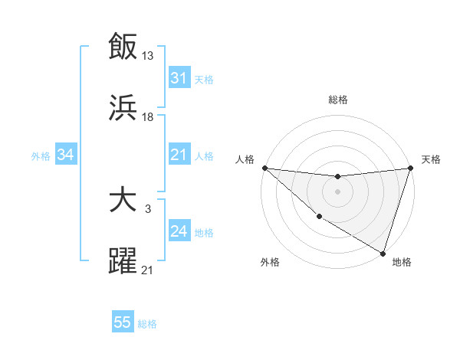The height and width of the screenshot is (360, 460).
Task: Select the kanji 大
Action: pos(123,200)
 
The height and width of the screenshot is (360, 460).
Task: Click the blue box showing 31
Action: pos(179,77)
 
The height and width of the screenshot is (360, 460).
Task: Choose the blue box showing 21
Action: pos(179,155)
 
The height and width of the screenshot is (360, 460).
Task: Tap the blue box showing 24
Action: pos(179,231)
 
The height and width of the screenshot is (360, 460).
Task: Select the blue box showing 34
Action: pos(66,155)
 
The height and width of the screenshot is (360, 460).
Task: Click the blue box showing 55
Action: pos(123,322)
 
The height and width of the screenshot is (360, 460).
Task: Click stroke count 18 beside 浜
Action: pos(148,116)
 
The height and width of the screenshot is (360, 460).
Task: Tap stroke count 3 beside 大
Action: pos(147,208)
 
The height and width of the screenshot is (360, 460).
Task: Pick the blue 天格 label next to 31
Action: pos(204,79)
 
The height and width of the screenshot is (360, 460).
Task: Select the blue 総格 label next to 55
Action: pos(147,324)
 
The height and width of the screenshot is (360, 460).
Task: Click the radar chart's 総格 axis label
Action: pos(337,100)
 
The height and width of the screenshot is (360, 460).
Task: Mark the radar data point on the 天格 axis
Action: pos(410,168)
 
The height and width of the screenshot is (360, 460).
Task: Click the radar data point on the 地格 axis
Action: pos(383,252)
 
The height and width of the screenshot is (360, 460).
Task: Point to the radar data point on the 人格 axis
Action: pos(264,168)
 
